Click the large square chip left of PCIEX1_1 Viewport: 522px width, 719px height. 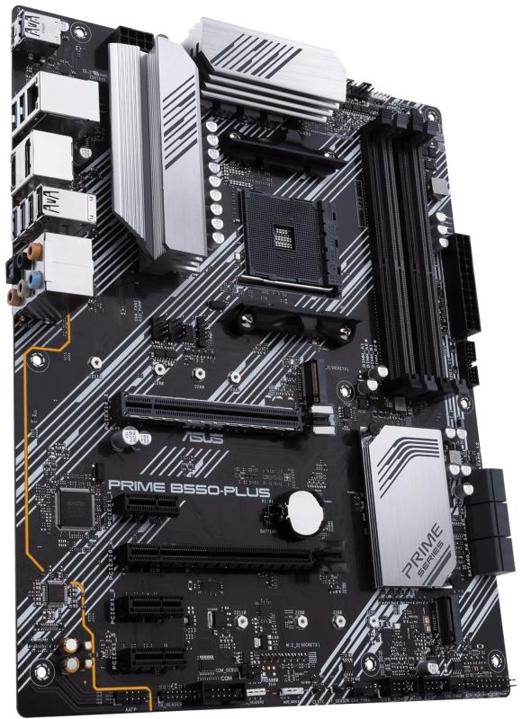pyautogui.click(x=70, y=506)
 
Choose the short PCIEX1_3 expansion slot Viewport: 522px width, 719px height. pyautogui.click(x=154, y=663)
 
